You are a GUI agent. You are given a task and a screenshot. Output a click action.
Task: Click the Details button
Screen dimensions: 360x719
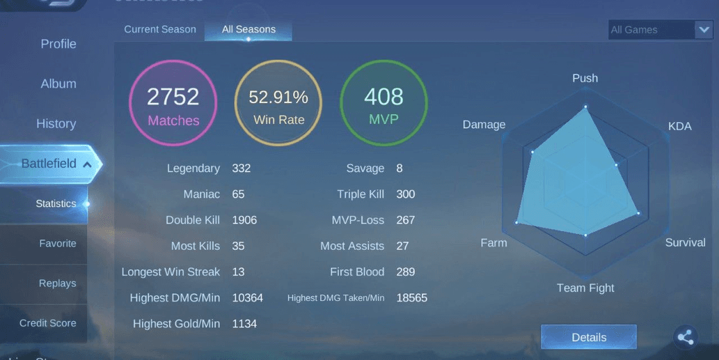pyautogui.click(x=589, y=337)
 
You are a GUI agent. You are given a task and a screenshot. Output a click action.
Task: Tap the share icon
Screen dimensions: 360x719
pyautogui.click(x=686, y=338)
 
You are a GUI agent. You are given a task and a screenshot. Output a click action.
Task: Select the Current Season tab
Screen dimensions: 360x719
pyautogui.click(x=160, y=29)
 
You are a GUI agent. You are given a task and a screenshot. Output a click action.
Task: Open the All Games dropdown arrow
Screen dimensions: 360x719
pyautogui.click(x=703, y=30)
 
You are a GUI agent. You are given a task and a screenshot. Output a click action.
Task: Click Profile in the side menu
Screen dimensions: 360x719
pyautogui.click(x=58, y=44)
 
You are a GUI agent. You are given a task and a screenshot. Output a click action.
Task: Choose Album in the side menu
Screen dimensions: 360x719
pyautogui.click(x=58, y=84)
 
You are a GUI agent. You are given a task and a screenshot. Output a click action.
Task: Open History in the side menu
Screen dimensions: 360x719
pyautogui.click(x=56, y=124)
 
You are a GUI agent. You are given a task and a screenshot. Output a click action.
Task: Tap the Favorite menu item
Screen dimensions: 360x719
pyautogui.click(x=58, y=244)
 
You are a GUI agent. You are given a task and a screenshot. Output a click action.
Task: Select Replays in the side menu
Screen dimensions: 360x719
pyautogui.click(x=58, y=283)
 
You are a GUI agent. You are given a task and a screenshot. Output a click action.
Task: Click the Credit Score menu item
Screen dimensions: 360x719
pyautogui.click(x=48, y=323)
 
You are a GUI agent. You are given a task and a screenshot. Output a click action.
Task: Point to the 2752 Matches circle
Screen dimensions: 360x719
pyautogui.click(x=173, y=103)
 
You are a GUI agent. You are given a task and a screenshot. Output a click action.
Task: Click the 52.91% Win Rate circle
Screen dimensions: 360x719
pyautogui.click(x=278, y=103)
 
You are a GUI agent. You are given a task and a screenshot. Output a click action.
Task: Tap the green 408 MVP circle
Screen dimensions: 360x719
pyautogui.click(x=384, y=103)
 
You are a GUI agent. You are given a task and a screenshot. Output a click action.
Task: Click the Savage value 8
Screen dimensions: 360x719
pyautogui.click(x=400, y=169)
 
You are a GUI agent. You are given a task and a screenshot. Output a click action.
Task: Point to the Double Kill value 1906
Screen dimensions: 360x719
pyautogui.click(x=244, y=220)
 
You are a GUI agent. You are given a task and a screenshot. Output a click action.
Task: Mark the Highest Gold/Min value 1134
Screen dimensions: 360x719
pyautogui.click(x=244, y=324)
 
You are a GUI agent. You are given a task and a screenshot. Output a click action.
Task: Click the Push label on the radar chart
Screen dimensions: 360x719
pyautogui.click(x=585, y=78)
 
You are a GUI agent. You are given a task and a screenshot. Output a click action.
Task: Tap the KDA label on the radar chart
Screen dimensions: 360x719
pyautogui.click(x=680, y=126)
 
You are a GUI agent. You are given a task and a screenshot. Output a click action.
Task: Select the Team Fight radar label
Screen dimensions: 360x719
pyautogui.click(x=585, y=288)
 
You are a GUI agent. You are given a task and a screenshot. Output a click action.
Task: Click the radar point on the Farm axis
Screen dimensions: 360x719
pyautogui.click(x=517, y=223)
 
